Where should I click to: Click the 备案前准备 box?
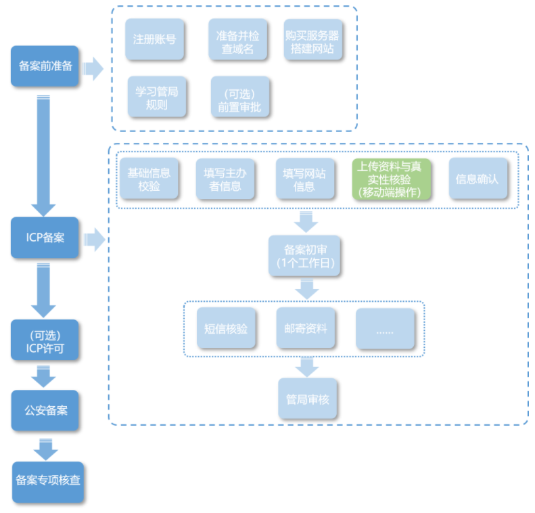click(45, 66)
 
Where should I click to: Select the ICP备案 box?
click(45, 238)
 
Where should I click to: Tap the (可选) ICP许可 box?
click(45, 342)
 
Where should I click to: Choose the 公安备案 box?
click(45, 409)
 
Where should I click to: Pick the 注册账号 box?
click(154, 39)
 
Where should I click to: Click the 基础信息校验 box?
click(149, 179)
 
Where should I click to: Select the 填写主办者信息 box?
click(225, 179)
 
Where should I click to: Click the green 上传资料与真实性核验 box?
click(390, 179)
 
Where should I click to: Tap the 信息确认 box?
click(477, 179)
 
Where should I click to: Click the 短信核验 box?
click(226, 329)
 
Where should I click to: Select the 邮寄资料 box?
click(306, 329)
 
